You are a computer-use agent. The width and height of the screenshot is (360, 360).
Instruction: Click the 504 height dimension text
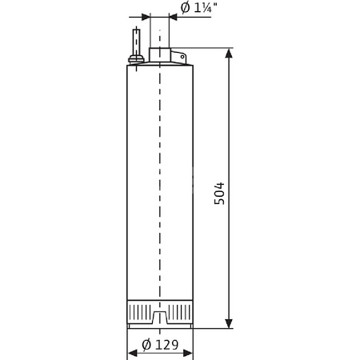point(219,193)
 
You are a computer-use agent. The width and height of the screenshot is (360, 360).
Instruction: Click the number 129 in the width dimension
point(166,346)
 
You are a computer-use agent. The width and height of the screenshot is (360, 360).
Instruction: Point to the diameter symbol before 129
point(146,346)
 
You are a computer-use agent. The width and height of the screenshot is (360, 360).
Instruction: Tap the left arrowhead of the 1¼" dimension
point(145,16)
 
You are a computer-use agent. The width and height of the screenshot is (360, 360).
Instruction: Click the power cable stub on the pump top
point(137,40)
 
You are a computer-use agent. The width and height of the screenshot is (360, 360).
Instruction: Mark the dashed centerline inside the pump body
point(160,184)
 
